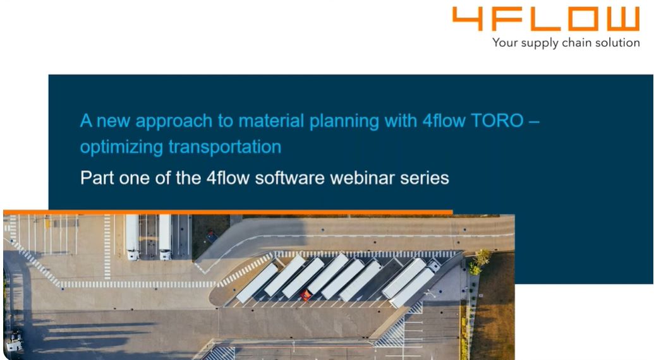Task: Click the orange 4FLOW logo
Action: click(x=545, y=19)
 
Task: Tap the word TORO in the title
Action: click(x=497, y=121)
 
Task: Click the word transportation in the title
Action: click(x=225, y=147)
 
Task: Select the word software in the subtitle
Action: click(x=289, y=178)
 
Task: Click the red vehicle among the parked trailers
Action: click(x=305, y=295)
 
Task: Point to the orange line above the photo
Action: click(x=227, y=212)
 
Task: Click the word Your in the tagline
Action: click(x=505, y=42)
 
